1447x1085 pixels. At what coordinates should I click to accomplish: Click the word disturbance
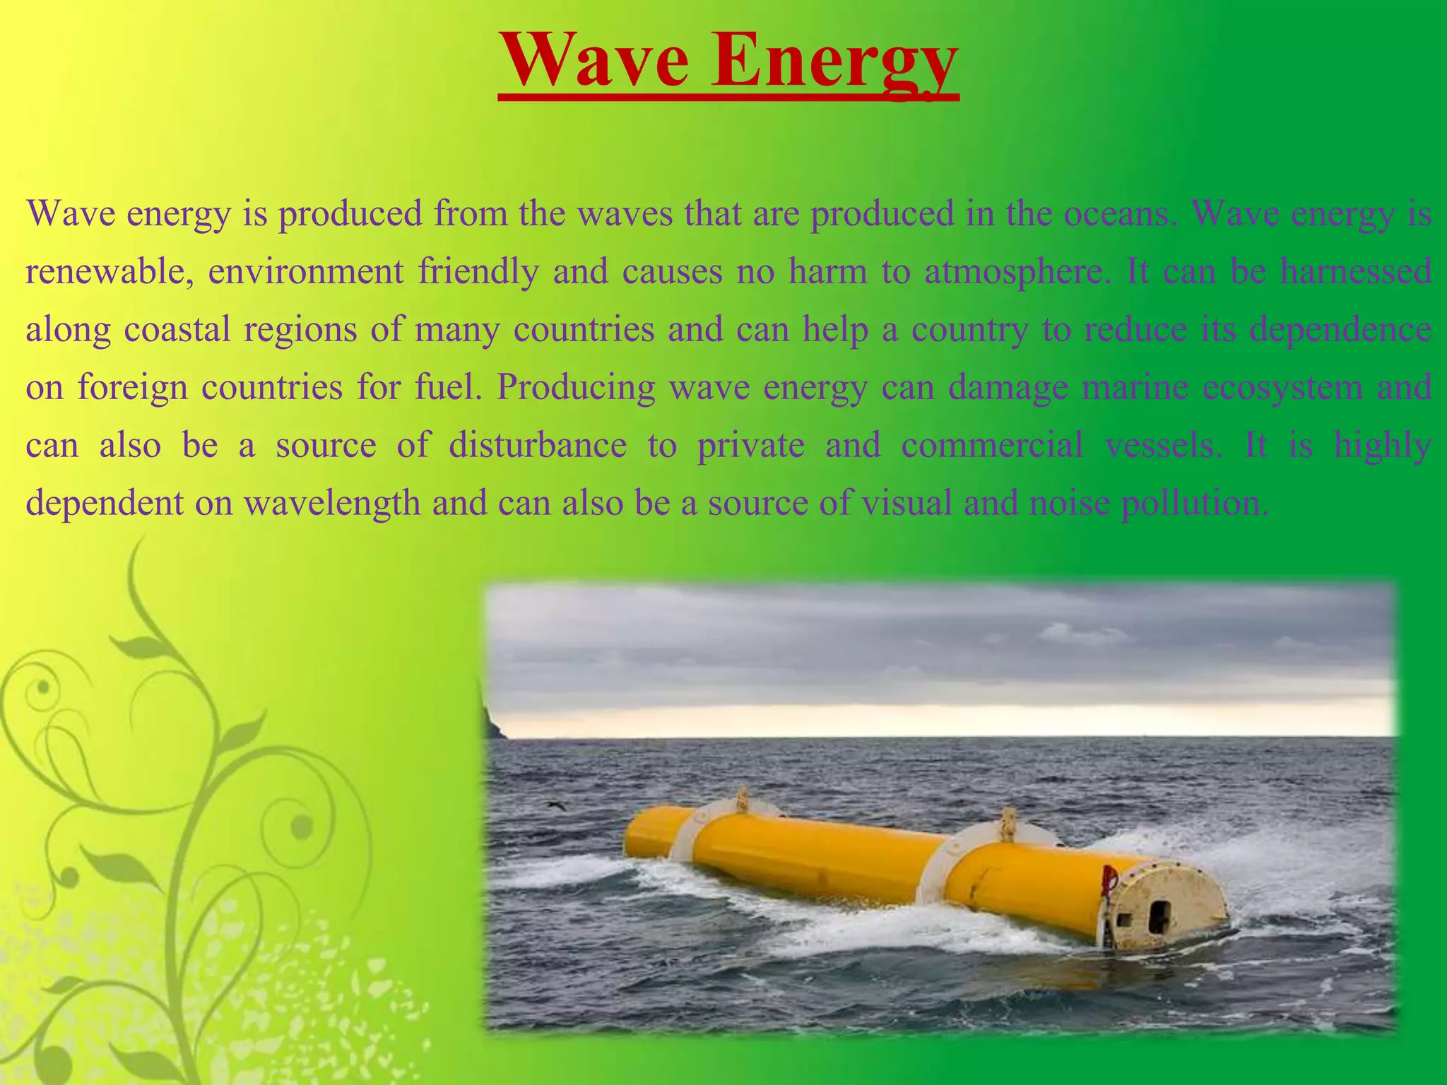(538, 446)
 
